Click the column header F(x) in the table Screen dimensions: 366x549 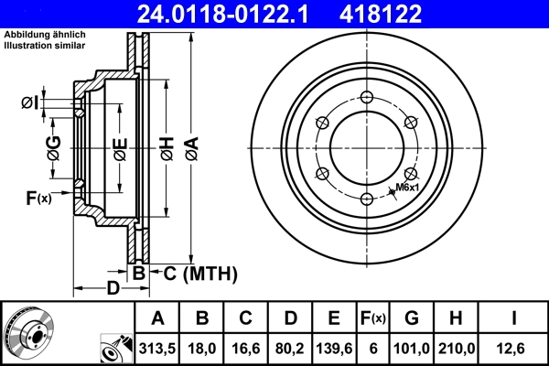372,318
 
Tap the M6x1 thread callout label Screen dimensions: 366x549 407,188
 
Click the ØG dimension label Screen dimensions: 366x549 54,146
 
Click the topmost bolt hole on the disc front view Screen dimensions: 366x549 366,99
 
